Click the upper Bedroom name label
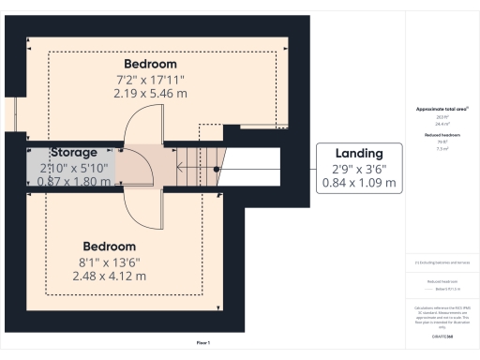tap(151, 64)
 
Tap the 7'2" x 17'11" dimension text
tap(151, 80)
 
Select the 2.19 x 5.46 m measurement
tap(151, 94)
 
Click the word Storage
tap(74, 152)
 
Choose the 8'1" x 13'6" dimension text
tap(109, 262)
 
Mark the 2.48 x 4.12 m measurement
tap(109, 277)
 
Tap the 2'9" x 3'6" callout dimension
tap(359, 170)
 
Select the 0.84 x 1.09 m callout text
tap(359, 184)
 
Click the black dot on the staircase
tap(216, 169)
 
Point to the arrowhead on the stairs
tap(182, 169)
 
